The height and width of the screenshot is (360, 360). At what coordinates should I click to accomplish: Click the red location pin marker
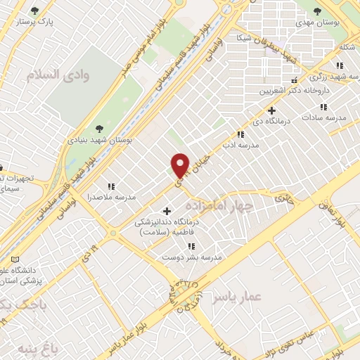[x=181, y=165]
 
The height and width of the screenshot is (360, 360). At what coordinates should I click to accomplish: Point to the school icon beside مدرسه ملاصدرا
[x=111, y=186]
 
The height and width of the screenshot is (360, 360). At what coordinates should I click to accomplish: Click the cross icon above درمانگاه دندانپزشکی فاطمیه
[x=167, y=210]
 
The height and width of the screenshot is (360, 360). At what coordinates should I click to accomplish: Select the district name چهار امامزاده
[x=219, y=206]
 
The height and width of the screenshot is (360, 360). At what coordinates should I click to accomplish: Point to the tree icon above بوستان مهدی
[x=318, y=11]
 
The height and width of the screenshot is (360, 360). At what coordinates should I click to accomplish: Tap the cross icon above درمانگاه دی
[x=271, y=110]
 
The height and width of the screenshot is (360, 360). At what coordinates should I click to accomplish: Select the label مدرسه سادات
[x=326, y=118]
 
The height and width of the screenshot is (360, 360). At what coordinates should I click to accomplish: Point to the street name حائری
[x=283, y=199]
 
